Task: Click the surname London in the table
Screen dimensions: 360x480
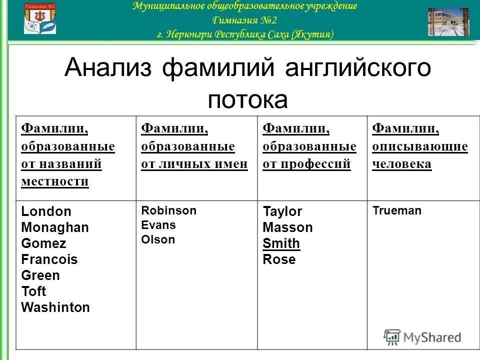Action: (46, 211)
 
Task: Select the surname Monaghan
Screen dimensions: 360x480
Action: (55, 227)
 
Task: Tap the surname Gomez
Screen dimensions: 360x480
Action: (44, 243)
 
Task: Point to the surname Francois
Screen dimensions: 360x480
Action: (49, 259)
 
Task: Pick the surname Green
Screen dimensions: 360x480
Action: (40, 275)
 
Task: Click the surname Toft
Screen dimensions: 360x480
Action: (33, 291)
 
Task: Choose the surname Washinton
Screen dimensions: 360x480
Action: (55, 307)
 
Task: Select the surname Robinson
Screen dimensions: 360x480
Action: (169, 210)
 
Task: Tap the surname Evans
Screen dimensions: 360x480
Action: (158, 225)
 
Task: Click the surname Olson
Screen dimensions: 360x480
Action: (158, 239)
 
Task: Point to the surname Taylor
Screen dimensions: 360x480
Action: (282, 211)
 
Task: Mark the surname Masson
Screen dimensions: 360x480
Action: (287, 227)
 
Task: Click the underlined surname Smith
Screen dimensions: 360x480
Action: (281, 243)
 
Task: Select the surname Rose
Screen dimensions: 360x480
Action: (279, 259)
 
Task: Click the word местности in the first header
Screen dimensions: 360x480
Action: (55, 181)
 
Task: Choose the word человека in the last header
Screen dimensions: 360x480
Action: (401, 164)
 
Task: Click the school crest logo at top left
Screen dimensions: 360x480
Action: (40, 19)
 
